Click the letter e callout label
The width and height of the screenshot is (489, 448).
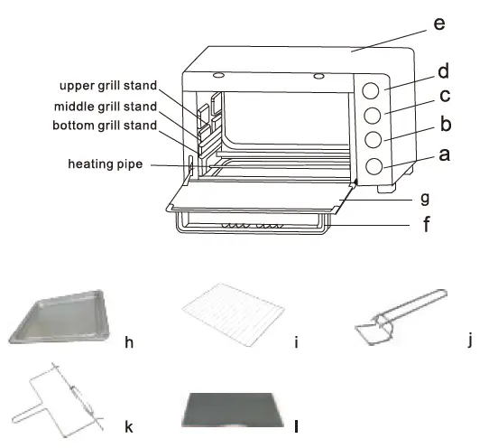click(438, 23)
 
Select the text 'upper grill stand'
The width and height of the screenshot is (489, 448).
click(107, 86)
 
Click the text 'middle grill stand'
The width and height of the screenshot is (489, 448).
click(105, 106)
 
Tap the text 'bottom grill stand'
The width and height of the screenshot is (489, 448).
click(104, 125)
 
